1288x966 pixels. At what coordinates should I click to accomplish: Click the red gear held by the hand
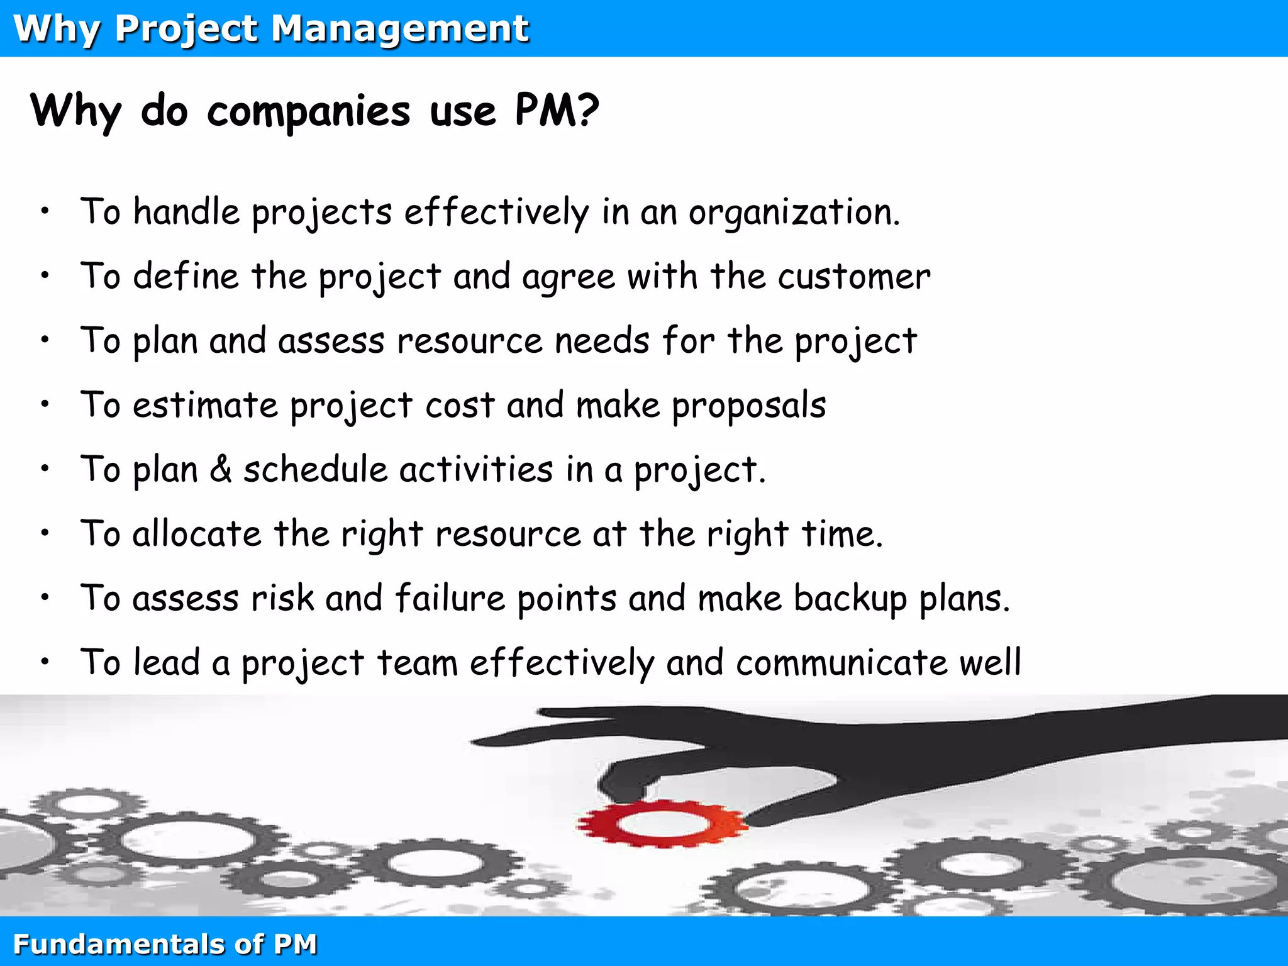pyautogui.click(x=662, y=823)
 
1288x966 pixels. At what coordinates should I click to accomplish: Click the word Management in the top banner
pyautogui.click(x=400, y=29)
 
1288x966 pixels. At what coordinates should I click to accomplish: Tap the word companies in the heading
pyautogui.click(x=308, y=111)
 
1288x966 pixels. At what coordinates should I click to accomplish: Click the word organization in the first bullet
pyautogui.click(x=794, y=213)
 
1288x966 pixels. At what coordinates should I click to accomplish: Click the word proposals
pyautogui.click(x=748, y=406)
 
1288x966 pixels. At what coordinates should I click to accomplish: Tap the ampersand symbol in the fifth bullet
pyautogui.click(x=221, y=470)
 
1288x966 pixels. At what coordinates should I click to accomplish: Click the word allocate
pyautogui.click(x=197, y=535)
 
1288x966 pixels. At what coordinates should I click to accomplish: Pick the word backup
pyautogui.click(x=850, y=599)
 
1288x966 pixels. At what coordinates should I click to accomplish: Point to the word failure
pyautogui.click(x=450, y=599)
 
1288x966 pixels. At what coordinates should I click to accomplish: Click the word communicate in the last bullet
pyautogui.click(x=841, y=663)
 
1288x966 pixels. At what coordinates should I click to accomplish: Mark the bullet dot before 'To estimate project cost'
pyautogui.click(x=45, y=405)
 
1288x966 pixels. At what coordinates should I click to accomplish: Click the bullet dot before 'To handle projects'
pyautogui.click(x=45, y=212)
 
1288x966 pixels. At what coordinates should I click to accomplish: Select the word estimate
pyautogui.click(x=205, y=406)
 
